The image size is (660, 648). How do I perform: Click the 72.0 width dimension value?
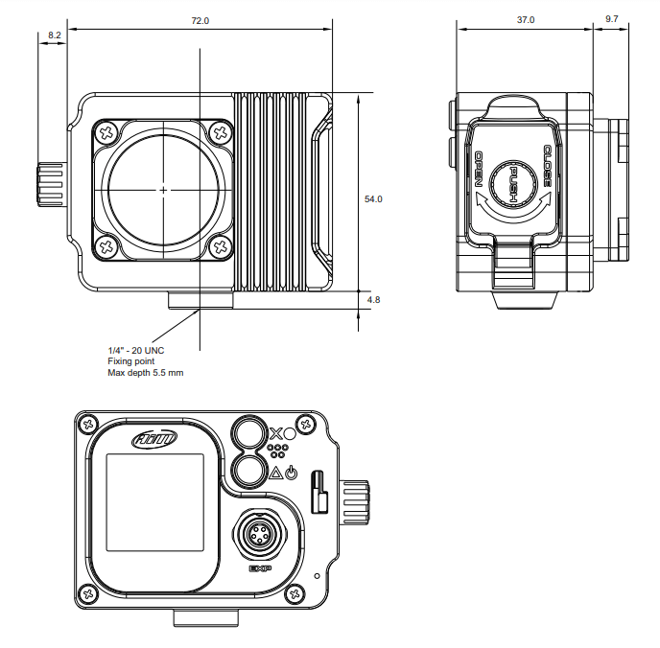(x=200, y=20)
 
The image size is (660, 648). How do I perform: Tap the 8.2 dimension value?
(x=54, y=35)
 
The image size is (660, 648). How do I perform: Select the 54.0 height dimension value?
(x=373, y=199)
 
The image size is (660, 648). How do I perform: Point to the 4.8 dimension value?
(x=373, y=300)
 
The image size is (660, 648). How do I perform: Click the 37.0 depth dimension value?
(x=525, y=20)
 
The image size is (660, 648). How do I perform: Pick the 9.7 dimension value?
(x=612, y=20)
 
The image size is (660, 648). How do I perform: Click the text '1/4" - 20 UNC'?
(x=136, y=350)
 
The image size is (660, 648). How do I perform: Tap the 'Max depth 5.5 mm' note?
(x=146, y=373)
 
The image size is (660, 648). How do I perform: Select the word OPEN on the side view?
(x=479, y=170)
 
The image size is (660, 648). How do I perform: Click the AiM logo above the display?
(x=153, y=439)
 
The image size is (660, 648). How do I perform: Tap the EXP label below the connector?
(x=260, y=568)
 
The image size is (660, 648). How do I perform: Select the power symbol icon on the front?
(x=292, y=473)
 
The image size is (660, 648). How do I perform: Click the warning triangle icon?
(x=275, y=473)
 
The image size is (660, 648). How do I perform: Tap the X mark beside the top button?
(x=276, y=432)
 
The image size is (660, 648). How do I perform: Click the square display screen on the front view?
(x=153, y=504)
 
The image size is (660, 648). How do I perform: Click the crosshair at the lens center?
(x=164, y=190)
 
